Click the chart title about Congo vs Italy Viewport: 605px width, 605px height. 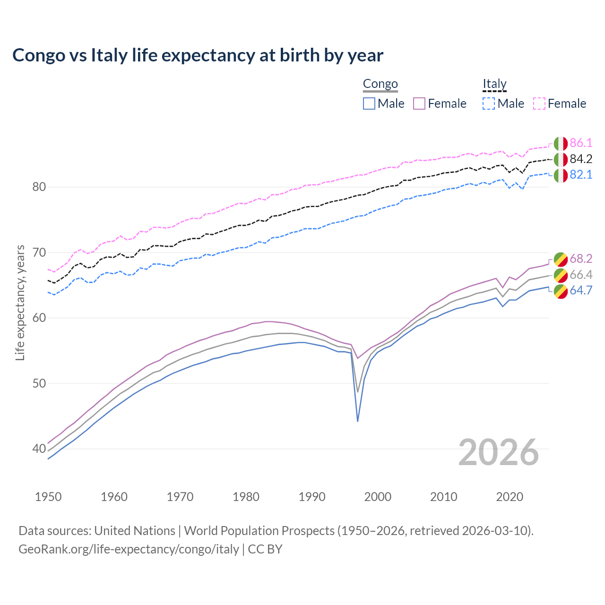tap(198, 55)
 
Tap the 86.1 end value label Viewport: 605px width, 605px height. tap(581, 143)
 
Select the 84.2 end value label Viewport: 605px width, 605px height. tap(581, 159)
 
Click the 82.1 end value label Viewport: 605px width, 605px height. tap(581, 175)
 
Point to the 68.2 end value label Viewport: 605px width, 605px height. tap(581, 259)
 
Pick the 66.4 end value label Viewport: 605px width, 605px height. tap(581, 275)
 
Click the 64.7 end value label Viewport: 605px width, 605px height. tap(581, 291)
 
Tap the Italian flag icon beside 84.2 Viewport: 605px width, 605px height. tap(561, 159)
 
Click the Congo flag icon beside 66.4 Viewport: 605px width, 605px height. tap(561, 275)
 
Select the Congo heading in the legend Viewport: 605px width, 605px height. tap(380, 84)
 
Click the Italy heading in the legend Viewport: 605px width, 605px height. tap(494, 84)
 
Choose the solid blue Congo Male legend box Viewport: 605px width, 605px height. tap(369, 104)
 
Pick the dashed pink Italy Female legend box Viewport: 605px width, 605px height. tap(539, 104)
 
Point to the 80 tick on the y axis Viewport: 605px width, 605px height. tap(39, 187)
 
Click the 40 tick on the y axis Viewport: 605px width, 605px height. tap(39, 449)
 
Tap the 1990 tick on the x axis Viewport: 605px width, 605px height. tap(312, 497)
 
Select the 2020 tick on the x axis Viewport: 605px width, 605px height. tap(510, 497)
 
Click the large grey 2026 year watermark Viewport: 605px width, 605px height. tap(499, 452)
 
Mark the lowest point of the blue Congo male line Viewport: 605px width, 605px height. tap(358, 421)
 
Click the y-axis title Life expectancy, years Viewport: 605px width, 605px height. tap(20, 302)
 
